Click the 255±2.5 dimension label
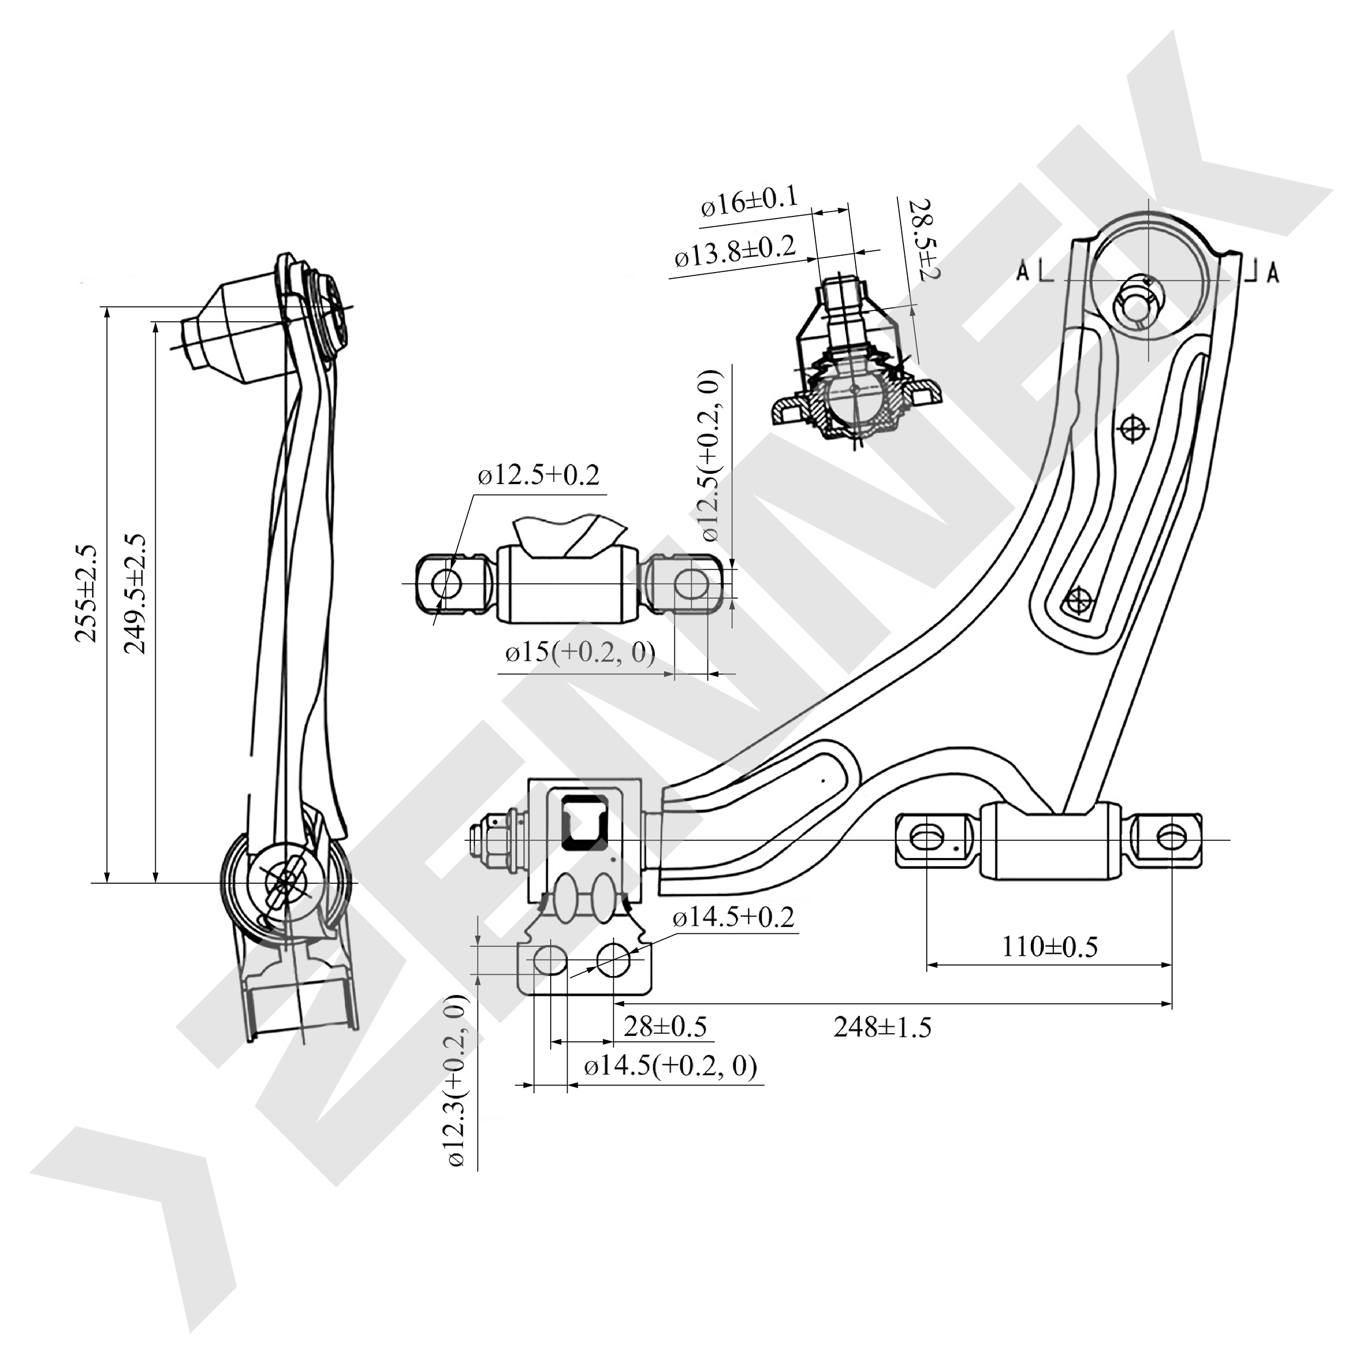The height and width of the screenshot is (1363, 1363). (x=86, y=593)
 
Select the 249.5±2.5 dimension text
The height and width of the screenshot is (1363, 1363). (x=134, y=593)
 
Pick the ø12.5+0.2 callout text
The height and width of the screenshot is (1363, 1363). (x=538, y=475)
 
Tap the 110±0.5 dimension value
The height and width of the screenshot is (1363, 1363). (x=1050, y=946)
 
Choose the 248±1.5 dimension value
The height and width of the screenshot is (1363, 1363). (x=882, y=1027)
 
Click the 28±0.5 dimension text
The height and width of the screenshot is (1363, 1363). (x=665, y=1026)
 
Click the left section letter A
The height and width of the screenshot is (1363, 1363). (x=1023, y=271)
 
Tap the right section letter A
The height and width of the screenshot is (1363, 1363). (x=1272, y=271)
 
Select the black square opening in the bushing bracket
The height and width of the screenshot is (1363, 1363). (x=583, y=823)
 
